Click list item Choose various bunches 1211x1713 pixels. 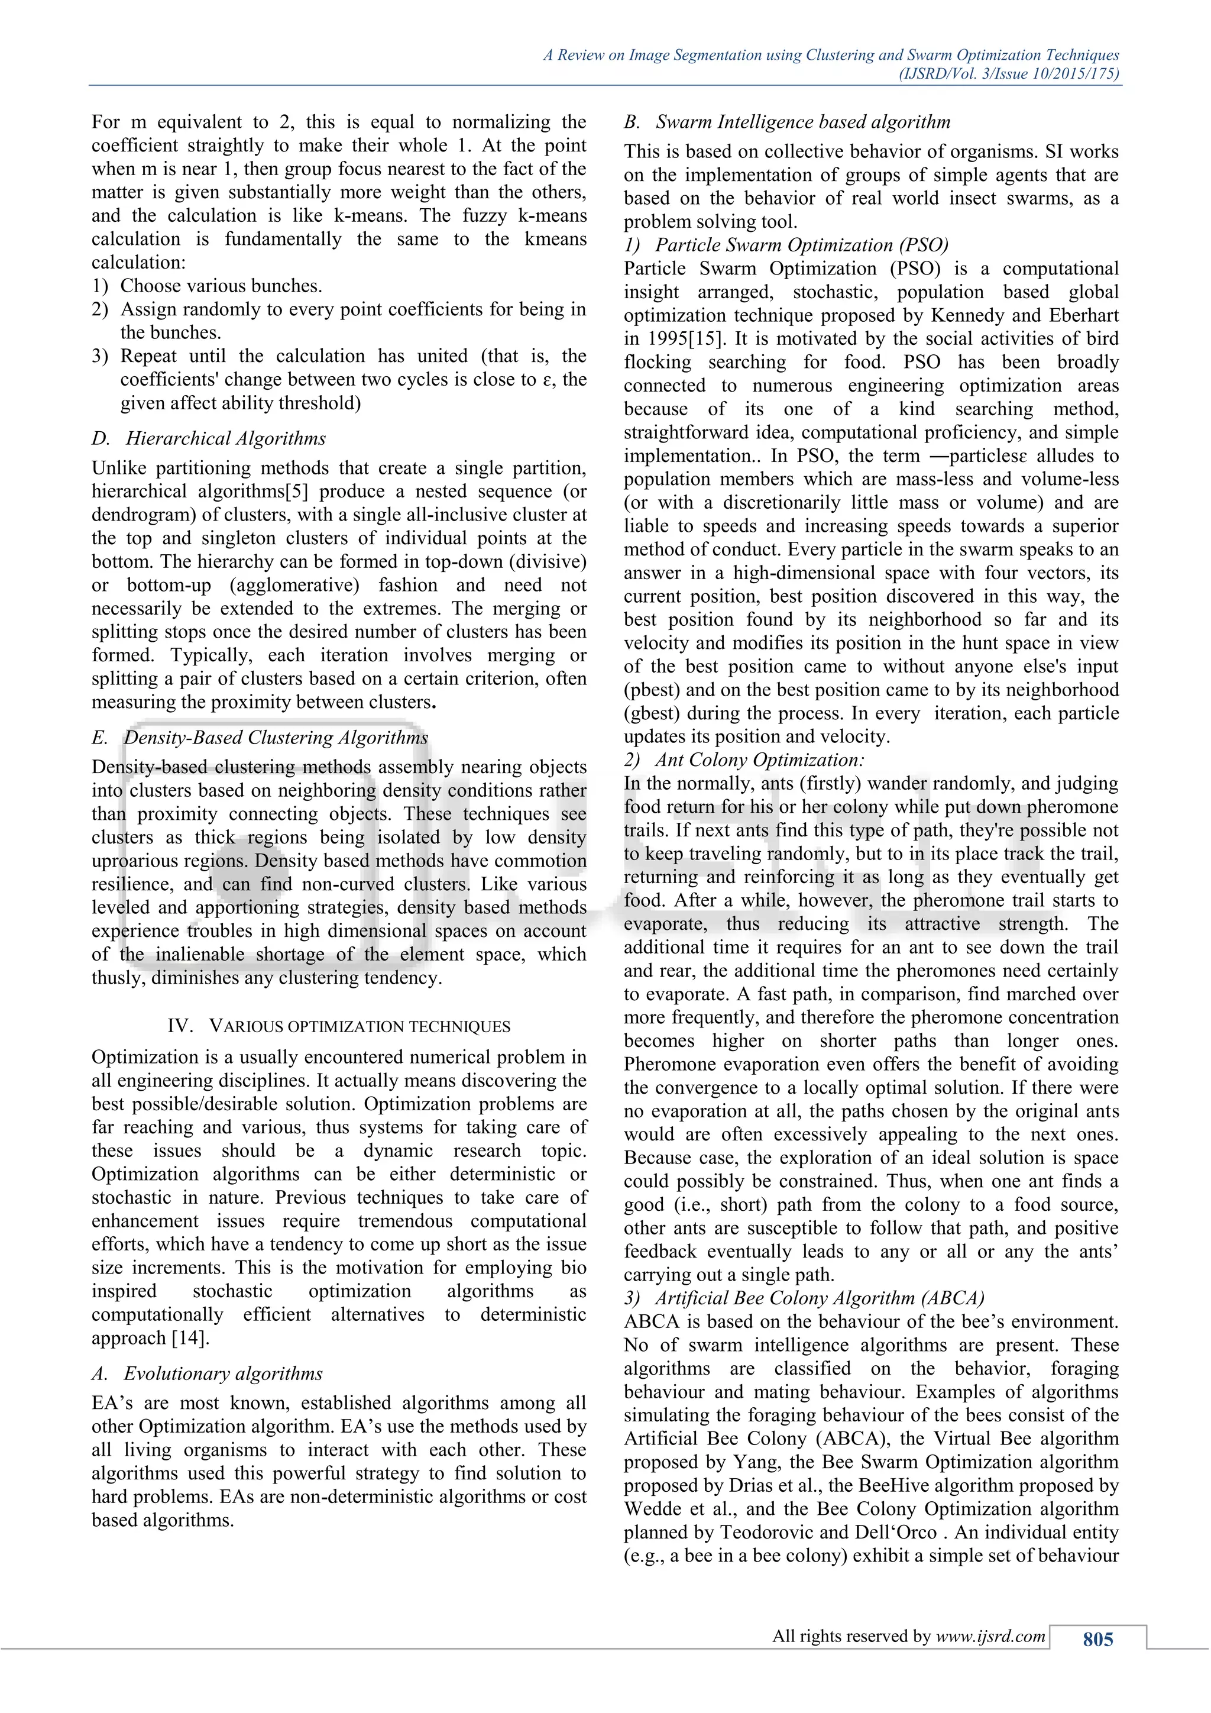coord(221,286)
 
